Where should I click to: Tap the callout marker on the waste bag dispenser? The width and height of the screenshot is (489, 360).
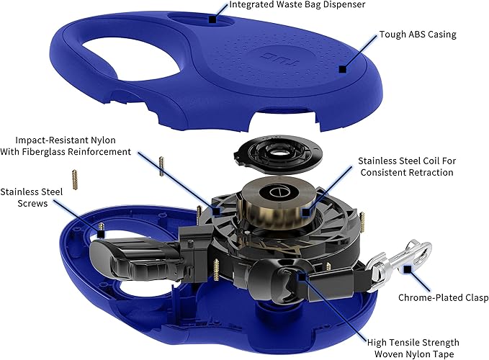[212, 19]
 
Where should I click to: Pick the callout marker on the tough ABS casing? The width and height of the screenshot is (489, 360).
[343, 69]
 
